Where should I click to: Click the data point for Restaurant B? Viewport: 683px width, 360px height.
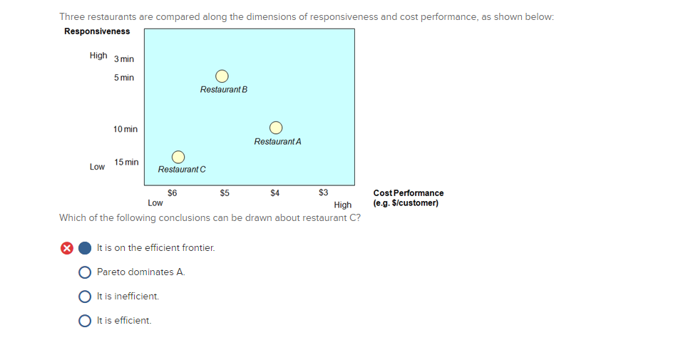tap(222, 76)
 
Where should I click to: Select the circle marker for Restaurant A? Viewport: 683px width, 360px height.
tap(277, 128)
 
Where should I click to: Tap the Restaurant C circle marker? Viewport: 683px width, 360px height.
tap(178, 156)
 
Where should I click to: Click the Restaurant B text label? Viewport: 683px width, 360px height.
tap(224, 90)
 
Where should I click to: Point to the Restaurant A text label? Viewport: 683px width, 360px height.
tap(277, 142)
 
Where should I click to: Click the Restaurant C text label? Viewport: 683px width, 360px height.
tap(182, 170)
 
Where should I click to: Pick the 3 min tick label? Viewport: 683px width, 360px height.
tap(123, 59)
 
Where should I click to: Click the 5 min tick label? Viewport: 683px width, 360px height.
tap(123, 78)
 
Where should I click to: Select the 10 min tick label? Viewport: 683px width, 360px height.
tap(125, 129)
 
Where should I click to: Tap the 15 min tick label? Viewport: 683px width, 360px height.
tap(126, 163)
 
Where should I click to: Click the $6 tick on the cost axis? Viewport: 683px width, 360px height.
tap(172, 192)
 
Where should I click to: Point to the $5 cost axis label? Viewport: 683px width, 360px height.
tap(225, 192)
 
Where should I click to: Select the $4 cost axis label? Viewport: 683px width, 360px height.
tap(274, 192)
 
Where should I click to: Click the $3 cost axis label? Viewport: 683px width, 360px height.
tap(324, 192)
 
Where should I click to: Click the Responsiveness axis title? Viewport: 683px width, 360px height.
tap(97, 31)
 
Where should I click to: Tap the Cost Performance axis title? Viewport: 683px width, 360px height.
tap(408, 193)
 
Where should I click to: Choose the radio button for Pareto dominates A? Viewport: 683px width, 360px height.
tap(85, 272)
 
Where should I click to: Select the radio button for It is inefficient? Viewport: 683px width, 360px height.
tap(85, 297)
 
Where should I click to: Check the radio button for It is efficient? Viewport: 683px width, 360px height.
tap(85, 321)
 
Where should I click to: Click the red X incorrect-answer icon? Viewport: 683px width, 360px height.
tap(66, 248)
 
